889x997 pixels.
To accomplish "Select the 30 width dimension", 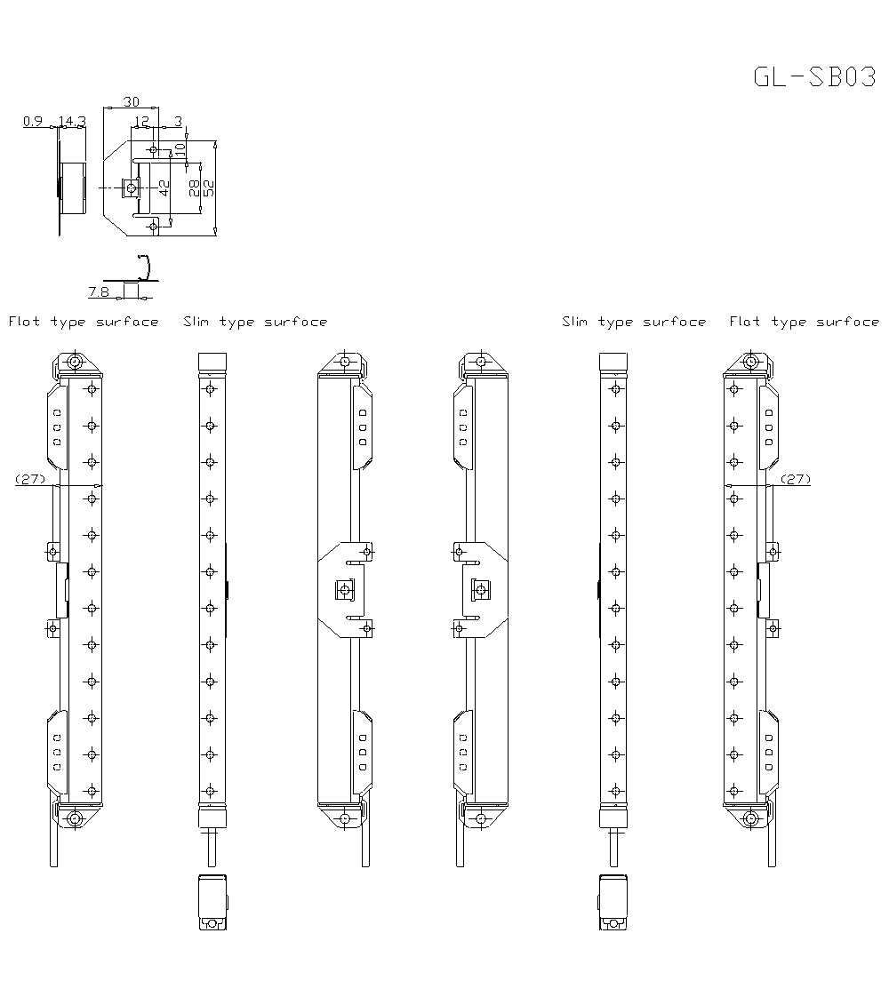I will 130,101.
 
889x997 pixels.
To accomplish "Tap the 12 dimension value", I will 142,121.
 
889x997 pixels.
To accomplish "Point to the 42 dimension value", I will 164,187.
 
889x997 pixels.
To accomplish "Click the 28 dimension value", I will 195,187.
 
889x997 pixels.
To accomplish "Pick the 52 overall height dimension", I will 209,187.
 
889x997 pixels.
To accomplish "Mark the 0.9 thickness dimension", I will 33,121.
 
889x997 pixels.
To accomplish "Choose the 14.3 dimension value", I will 72,121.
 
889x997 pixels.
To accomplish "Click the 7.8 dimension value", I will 99,291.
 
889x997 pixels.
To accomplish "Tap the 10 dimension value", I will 180,149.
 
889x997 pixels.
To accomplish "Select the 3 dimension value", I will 178,121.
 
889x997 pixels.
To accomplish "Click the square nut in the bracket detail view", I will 130,187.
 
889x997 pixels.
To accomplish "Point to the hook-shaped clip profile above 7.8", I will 145,266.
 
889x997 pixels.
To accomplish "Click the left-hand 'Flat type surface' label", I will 84,322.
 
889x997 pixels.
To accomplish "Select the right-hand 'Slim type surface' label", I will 634,322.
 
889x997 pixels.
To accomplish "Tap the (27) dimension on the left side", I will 30,479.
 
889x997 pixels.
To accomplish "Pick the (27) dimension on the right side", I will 796,479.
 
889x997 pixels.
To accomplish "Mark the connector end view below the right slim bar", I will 613,903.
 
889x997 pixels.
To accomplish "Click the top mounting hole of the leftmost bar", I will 75,363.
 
